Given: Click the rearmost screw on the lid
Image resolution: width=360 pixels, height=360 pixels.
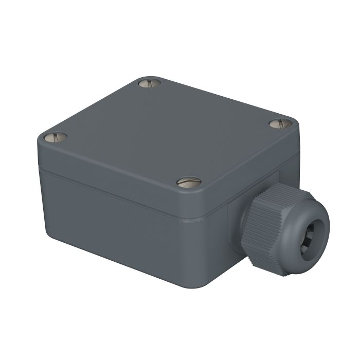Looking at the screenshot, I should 150,82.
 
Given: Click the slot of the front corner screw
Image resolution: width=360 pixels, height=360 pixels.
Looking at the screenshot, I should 189,181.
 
